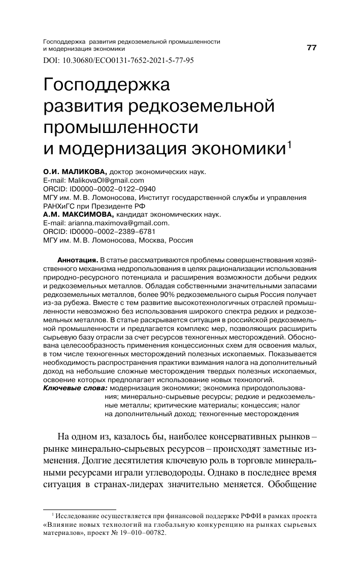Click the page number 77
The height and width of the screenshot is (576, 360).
[311, 48]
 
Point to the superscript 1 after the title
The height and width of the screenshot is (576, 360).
[289, 144]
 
